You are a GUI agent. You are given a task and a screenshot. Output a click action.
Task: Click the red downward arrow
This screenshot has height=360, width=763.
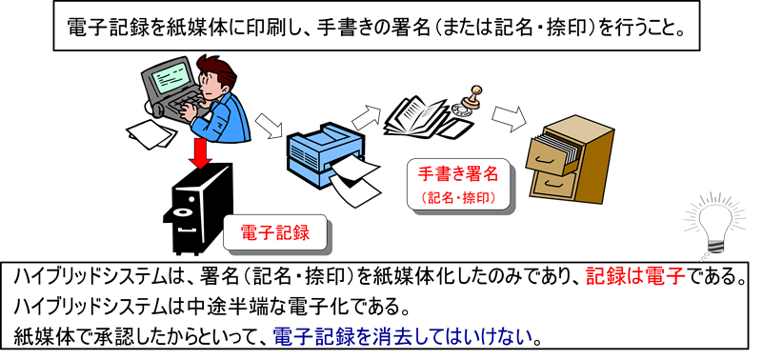coord(200,153)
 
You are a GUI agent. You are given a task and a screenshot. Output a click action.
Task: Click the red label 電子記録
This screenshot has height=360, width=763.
coord(275,233)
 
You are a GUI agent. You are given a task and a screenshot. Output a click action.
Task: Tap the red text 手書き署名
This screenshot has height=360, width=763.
coord(458,173)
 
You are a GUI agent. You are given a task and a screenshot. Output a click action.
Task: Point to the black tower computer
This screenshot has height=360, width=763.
coord(198,209)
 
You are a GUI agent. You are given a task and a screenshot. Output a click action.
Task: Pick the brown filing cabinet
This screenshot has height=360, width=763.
coord(570,160)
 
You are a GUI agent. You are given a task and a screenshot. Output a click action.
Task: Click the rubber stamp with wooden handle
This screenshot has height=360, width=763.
coord(473,98)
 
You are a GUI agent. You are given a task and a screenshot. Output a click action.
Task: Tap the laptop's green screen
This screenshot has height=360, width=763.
coord(171,78)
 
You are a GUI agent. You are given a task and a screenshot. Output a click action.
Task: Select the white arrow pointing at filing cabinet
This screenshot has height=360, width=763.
coord(509,119)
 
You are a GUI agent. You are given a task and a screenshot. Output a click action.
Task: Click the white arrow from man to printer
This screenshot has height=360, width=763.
coord(269,126)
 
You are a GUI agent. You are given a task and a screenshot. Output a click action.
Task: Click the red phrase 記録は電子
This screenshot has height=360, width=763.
coord(635,278)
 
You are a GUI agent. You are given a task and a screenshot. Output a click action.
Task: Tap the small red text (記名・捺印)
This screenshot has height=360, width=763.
coord(457,197)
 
